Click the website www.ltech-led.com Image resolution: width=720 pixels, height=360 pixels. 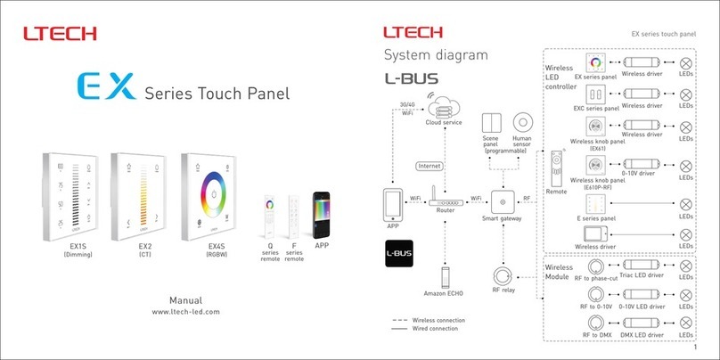pyautogui.click(x=185, y=312)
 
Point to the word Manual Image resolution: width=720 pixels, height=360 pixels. pyautogui.click(x=185, y=299)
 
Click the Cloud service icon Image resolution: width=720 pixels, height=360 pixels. pyautogui.click(x=443, y=109)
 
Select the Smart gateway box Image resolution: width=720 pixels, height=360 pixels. pyautogui.click(x=502, y=200)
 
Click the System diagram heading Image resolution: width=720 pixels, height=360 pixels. pyautogui.click(x=436, y=55)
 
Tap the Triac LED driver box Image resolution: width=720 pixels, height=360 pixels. pyautogui.click(x=642, y=266)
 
